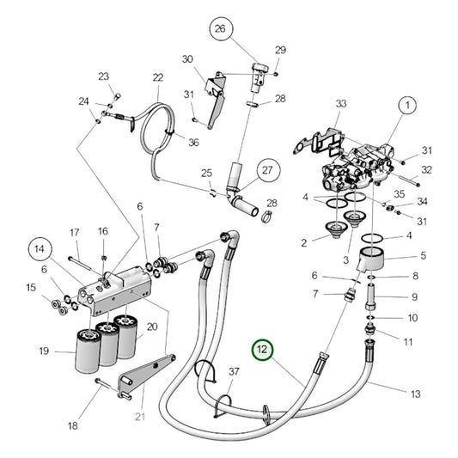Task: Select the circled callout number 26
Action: tap(219, 30)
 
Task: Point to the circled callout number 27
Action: tap(266, 170)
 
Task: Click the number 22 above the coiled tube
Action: tap(158, 78)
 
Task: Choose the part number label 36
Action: tap(193, 143)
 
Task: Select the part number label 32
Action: tap(426, 169)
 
